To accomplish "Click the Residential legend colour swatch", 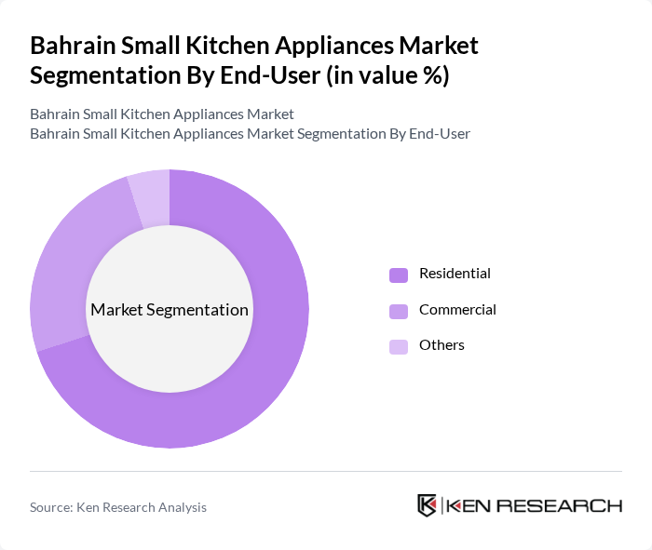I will click(399, 275).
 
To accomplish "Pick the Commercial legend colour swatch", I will click(399, 310).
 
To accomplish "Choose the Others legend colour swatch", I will click(399, 346).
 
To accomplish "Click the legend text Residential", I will click(455, 274).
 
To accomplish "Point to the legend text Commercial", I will click(457, 309).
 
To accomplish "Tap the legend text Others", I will click(441, 345).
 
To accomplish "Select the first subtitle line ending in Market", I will click(161, 114).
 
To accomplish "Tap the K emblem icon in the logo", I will click(428, 505).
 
